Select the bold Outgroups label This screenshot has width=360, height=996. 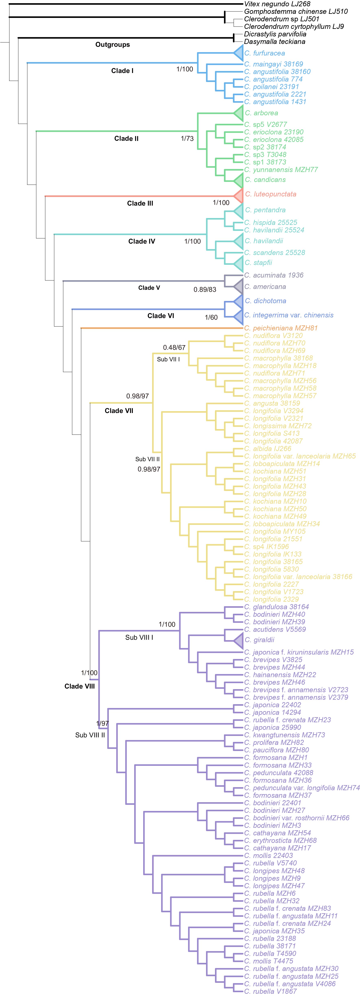[x=112, y=45]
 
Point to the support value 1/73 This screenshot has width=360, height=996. [x=187, y=138]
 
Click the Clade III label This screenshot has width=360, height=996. [x=140, y=203]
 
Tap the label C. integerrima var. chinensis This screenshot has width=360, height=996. [x=288, y=315]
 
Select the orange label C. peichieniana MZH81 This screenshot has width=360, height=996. [x=281, y=328]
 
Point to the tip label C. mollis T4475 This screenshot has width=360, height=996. [x=268, y=961]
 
